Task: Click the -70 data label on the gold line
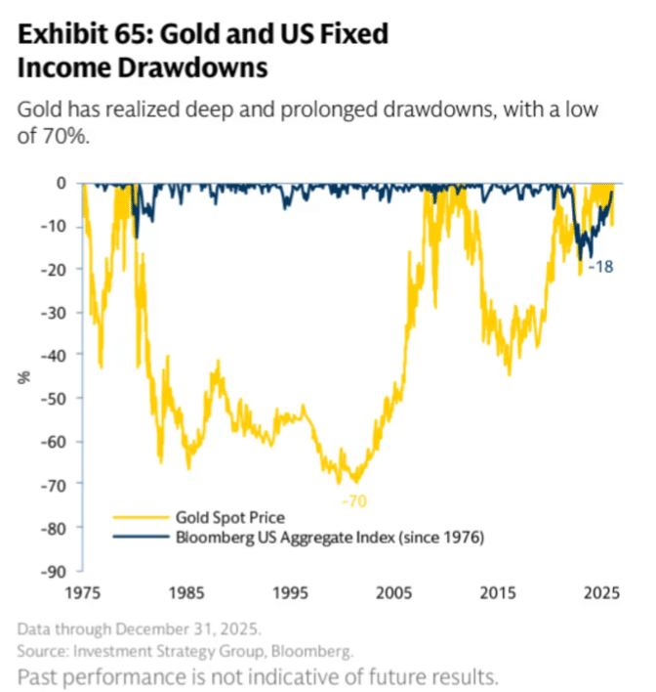352,500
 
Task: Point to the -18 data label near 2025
601,266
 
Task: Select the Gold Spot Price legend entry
229,517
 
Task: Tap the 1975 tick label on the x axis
82,592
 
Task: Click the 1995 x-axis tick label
290,592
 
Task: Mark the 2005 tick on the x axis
394,592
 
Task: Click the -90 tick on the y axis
56,571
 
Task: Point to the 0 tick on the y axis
61,183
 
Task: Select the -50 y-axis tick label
56,398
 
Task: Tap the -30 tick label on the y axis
56,312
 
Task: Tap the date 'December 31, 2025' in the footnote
170,627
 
